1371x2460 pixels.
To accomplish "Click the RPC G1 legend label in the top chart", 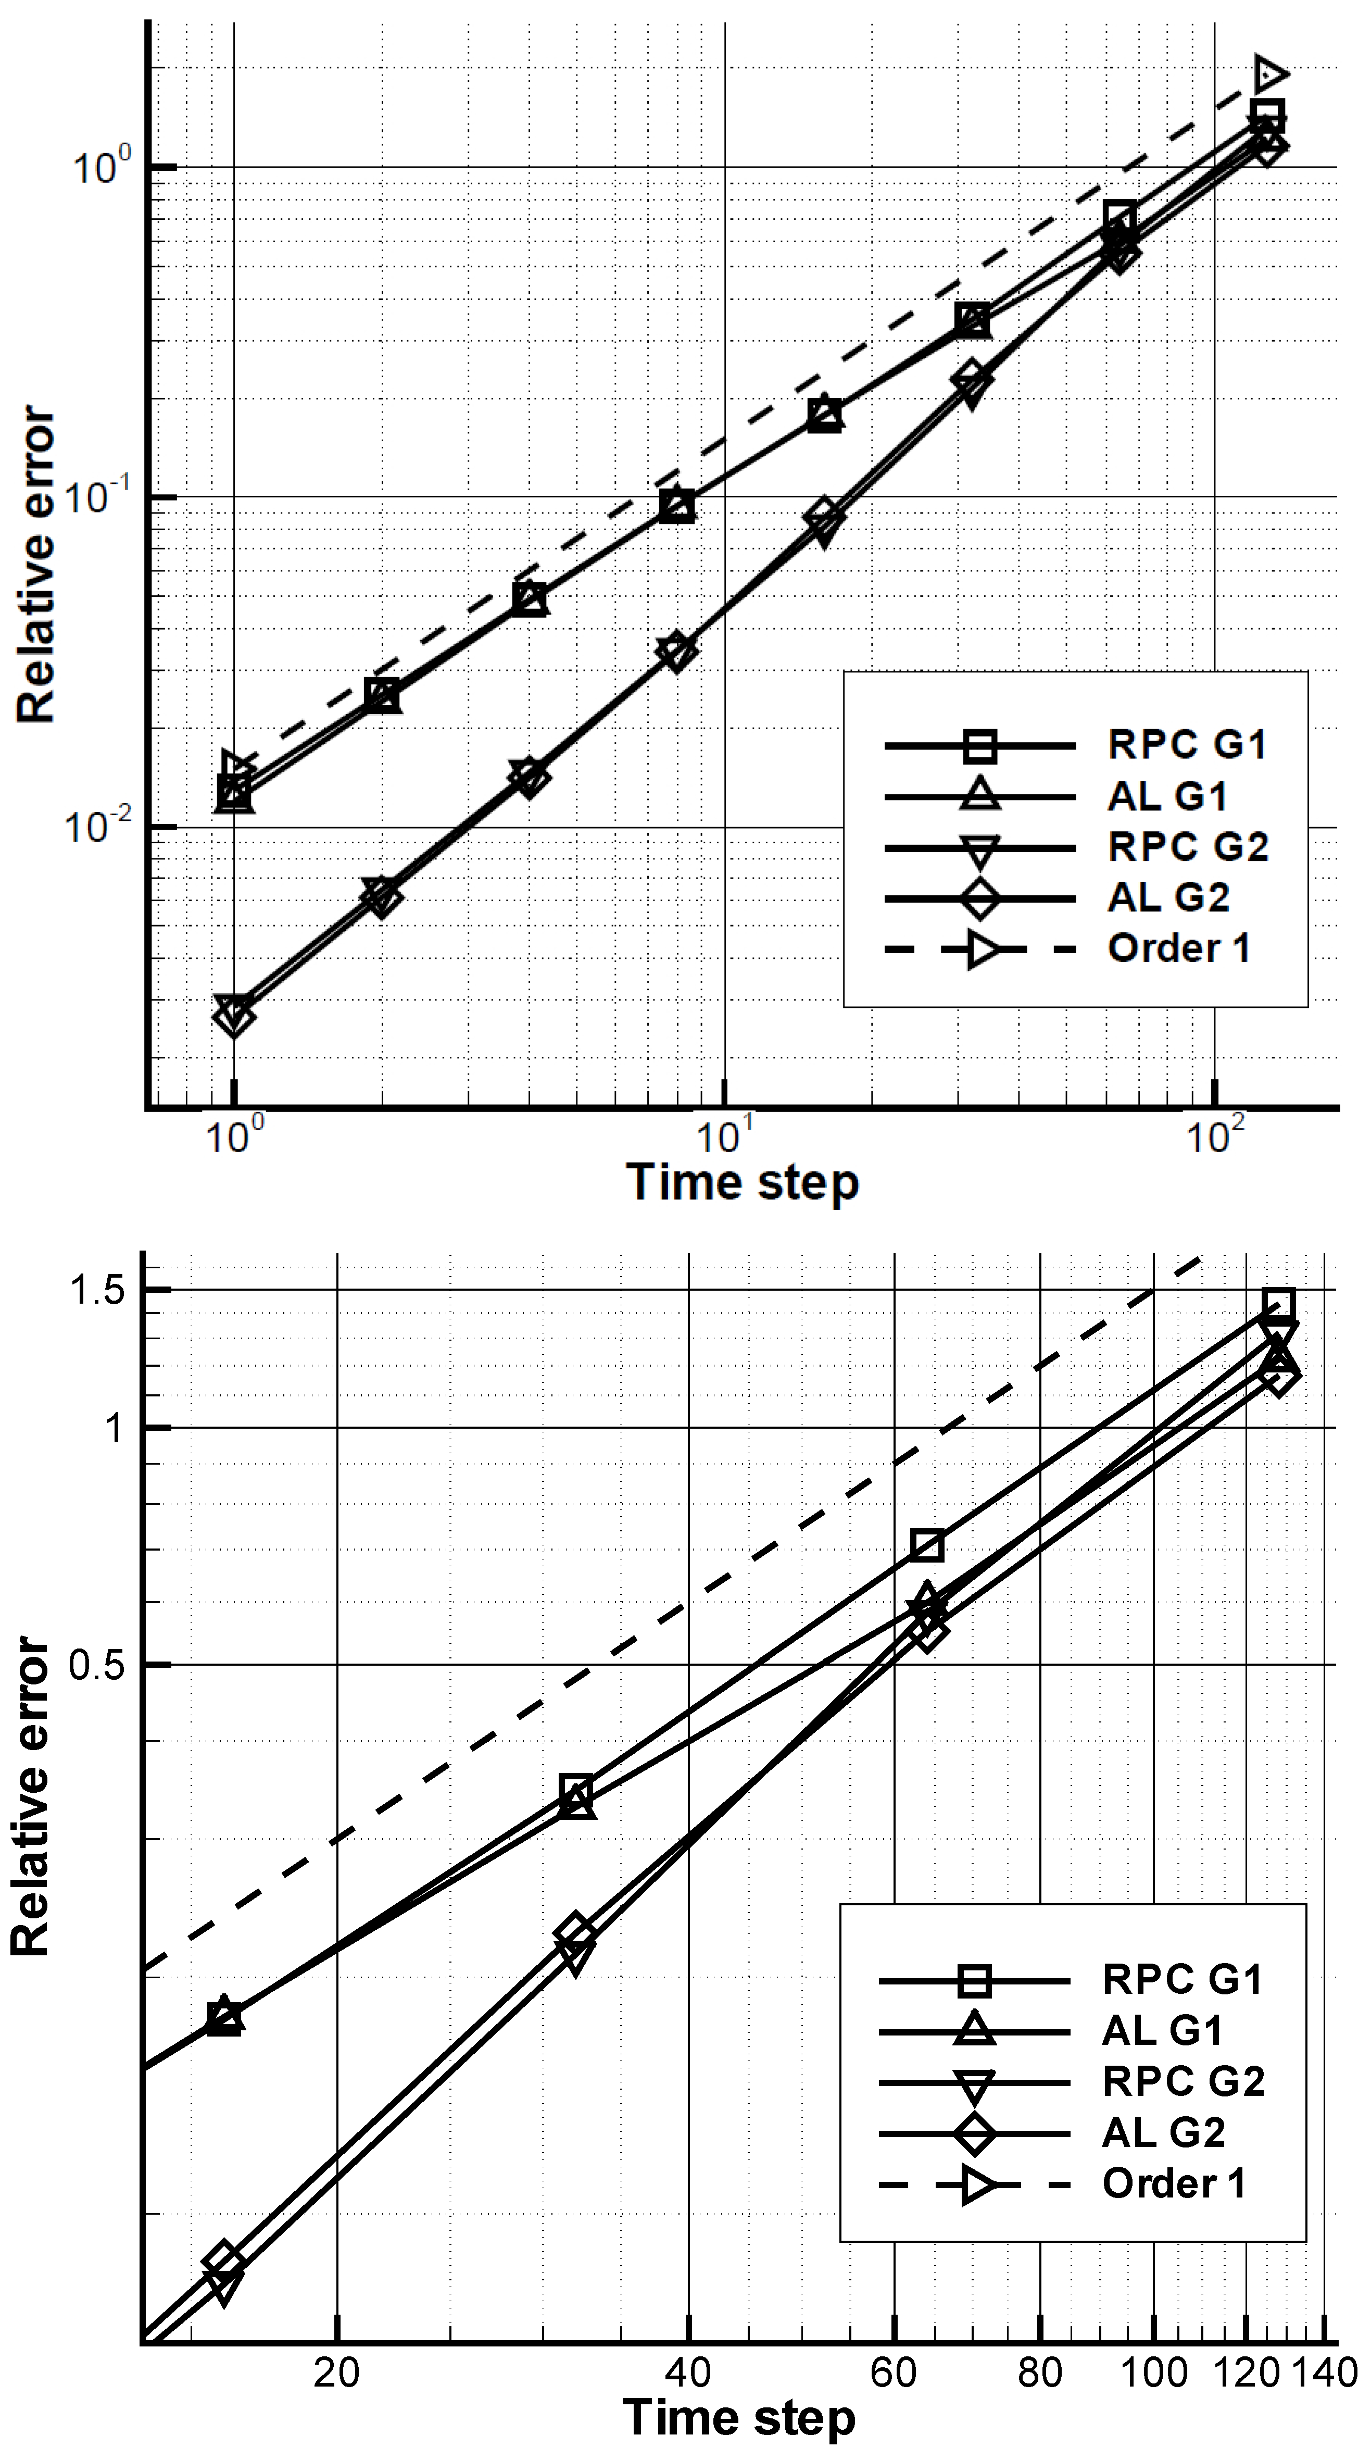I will [x=1187, y=745].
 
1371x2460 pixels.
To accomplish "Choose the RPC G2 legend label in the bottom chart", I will [x=1183, y=2082].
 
